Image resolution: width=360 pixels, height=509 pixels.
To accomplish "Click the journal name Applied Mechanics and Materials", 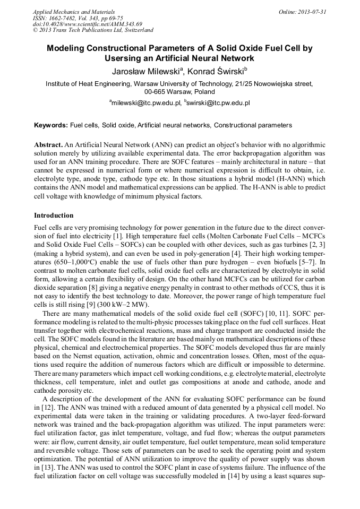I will tap(73, 12).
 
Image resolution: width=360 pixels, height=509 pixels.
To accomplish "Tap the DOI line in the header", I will tap(87, 24).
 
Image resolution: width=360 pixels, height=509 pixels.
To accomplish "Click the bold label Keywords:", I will tap(51, 125).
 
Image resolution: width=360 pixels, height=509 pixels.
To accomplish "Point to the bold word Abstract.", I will tap(48, 145).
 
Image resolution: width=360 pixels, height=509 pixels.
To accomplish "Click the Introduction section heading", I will tap(54, 215).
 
